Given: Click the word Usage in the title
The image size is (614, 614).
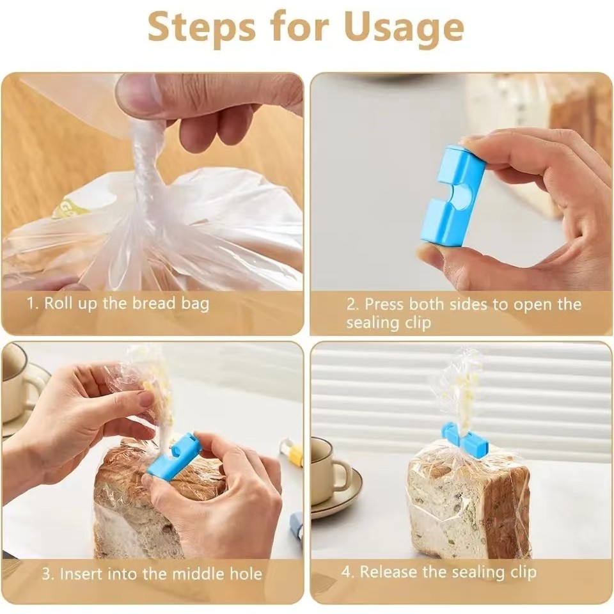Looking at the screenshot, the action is [404, 28].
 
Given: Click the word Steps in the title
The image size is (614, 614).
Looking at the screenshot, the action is [202, 28].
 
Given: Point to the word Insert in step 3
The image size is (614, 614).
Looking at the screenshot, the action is [81, 574].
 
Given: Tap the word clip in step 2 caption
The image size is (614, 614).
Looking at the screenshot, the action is [418, 322].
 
